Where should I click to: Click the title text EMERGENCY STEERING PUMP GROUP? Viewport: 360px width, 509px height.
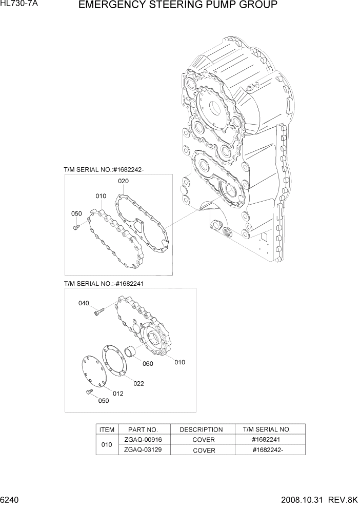178,6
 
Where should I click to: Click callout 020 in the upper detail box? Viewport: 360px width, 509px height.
123,181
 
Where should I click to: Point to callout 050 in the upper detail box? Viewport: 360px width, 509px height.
76,213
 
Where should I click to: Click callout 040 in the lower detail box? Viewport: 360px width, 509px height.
84,303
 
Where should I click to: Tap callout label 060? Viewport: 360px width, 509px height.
148,364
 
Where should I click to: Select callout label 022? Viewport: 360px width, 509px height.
138,383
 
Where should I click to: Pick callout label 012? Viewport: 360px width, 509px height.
118,394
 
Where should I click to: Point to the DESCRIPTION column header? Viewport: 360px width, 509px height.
201,429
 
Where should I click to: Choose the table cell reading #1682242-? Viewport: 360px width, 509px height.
268,450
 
